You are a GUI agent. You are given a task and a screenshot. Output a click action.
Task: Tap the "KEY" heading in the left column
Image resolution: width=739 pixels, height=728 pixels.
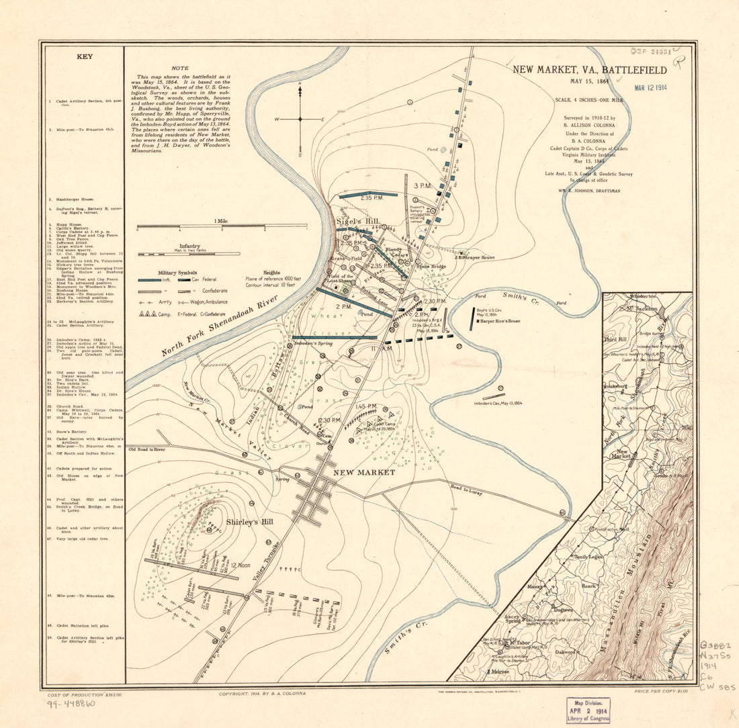point(85,58)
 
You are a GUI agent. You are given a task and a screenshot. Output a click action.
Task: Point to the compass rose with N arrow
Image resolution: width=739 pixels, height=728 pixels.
point(300,118)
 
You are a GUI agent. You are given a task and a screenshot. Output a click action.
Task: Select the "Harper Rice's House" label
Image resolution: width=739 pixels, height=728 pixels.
point(501,321)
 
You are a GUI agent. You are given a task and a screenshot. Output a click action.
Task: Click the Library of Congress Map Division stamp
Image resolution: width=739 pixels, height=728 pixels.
point(588,709)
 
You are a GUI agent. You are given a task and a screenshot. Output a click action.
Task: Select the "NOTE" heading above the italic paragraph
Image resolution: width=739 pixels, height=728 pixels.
point(180,68)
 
